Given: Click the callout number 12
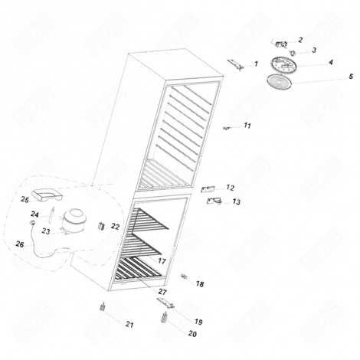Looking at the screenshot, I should click(230, 187).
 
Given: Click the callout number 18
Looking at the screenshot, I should click(200, 284).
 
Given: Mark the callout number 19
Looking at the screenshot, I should click(198, 322).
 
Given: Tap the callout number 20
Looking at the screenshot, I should click(191, 335).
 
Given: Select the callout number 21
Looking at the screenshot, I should click(129, 324).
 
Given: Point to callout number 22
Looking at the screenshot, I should click(115, 227).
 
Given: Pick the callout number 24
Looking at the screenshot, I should click(34, 214).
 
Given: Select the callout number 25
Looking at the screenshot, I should click(25, 198).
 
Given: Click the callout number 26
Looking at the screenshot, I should click(20, 244).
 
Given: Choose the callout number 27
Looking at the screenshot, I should click(162, 293).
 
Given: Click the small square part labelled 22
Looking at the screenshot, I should click(100, 225).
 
